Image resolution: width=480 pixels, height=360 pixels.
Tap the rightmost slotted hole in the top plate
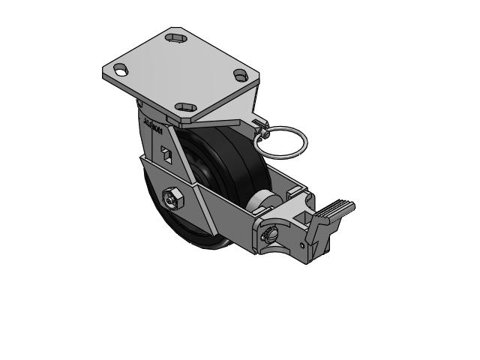(x=241, y=75)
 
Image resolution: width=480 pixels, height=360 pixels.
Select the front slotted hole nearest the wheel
(x=184, y=107)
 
